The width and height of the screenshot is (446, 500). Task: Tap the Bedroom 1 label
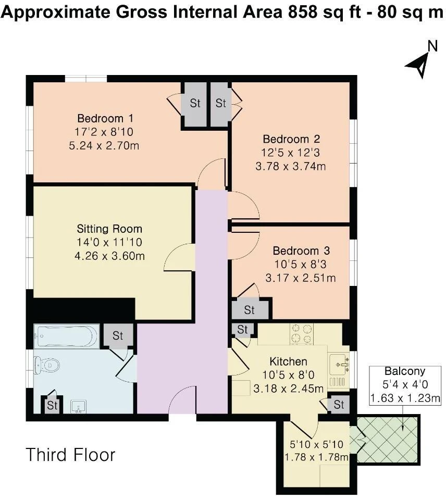pyautogui.click(x=105, y=118)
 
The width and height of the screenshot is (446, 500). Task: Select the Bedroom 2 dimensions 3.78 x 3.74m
pyautogui.click(x=290, y=166)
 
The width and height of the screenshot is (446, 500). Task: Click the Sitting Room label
pyautogui.click(x=109, y=229)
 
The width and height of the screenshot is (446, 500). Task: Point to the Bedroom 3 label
pyautogui.click(x=301, y=251)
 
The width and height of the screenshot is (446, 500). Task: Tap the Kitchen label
pyautogui.click(x=289, y=361)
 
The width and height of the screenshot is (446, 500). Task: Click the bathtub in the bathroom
pyautogui.click(x=66, y=336)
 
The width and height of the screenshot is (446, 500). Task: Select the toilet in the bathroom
pyautogui.click(x=46, y=365)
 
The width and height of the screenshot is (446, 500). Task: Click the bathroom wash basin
pyautogui.click(x=78, y=407)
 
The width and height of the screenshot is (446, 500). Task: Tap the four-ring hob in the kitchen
pyautogui.click(x=302, y=334)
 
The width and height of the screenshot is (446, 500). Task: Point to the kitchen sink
pyautogui.click(x=339, y=364)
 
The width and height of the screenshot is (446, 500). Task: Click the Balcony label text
pyautogui.click(x=405, y=371)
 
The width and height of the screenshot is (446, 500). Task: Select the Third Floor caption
pyautogui.click(x=70, y=455)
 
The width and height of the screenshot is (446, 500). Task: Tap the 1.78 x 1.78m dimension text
pyautogui.click(x=316, y=457)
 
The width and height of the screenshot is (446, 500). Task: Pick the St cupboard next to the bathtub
pyautogui.click(x=118, y=335)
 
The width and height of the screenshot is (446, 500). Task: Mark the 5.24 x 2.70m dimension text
pyautogui.click(x=104, y=145)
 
